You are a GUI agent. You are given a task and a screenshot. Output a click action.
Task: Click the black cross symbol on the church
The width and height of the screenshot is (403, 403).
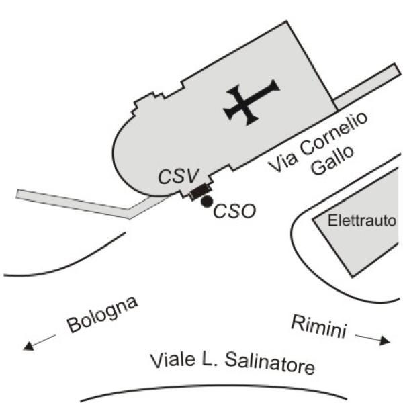pos(251,102)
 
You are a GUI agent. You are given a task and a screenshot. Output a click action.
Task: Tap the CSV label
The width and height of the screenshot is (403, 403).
pos(179,176)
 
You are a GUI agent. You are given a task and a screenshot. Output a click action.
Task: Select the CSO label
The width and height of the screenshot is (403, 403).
pos(234,211)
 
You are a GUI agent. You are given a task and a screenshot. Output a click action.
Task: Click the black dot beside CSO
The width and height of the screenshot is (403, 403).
pos(207,201)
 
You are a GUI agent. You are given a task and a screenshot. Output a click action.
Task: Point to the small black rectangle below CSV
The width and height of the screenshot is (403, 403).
pos(200,192)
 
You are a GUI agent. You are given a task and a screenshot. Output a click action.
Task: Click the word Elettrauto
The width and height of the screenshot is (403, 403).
pos(362,220)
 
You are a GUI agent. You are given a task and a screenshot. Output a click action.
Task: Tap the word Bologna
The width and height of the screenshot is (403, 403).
pos(102,314)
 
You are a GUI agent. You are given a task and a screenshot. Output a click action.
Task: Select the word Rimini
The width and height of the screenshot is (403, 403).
pos(319,326)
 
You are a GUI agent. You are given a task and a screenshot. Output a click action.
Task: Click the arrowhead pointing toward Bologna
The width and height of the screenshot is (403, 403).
pos(28,346)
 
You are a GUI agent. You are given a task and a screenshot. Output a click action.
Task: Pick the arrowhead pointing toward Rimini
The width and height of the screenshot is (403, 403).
pos(385,341)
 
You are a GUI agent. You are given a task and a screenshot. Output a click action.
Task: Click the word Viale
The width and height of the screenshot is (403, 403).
pos(173,359)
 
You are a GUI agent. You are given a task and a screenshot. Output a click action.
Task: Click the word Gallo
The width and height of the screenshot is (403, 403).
pos(332,161)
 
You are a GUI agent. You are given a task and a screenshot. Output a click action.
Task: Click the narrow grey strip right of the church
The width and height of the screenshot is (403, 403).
pos(367,87)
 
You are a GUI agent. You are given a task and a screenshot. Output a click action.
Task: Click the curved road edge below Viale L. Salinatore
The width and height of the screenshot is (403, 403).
pos(214,386)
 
